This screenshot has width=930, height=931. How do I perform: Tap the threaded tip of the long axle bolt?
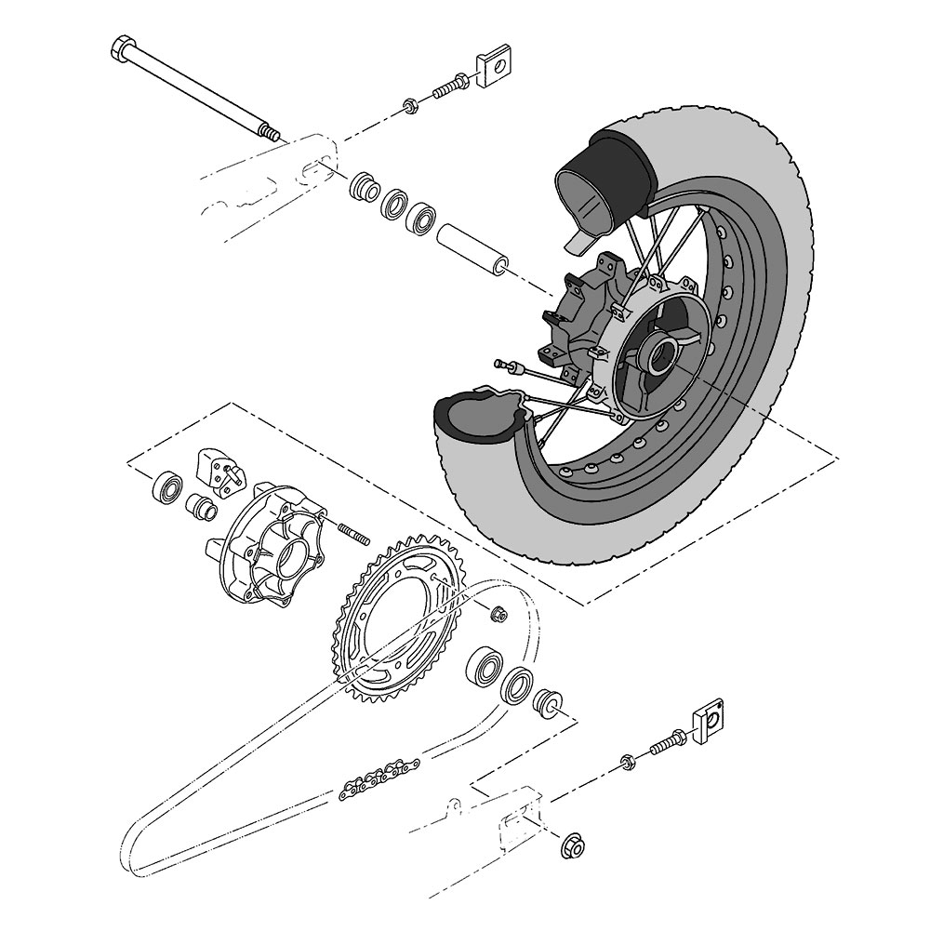pos(270,134)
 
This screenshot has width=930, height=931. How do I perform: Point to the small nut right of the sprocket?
pos(498,613)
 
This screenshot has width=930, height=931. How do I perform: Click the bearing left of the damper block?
pos(168,485)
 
